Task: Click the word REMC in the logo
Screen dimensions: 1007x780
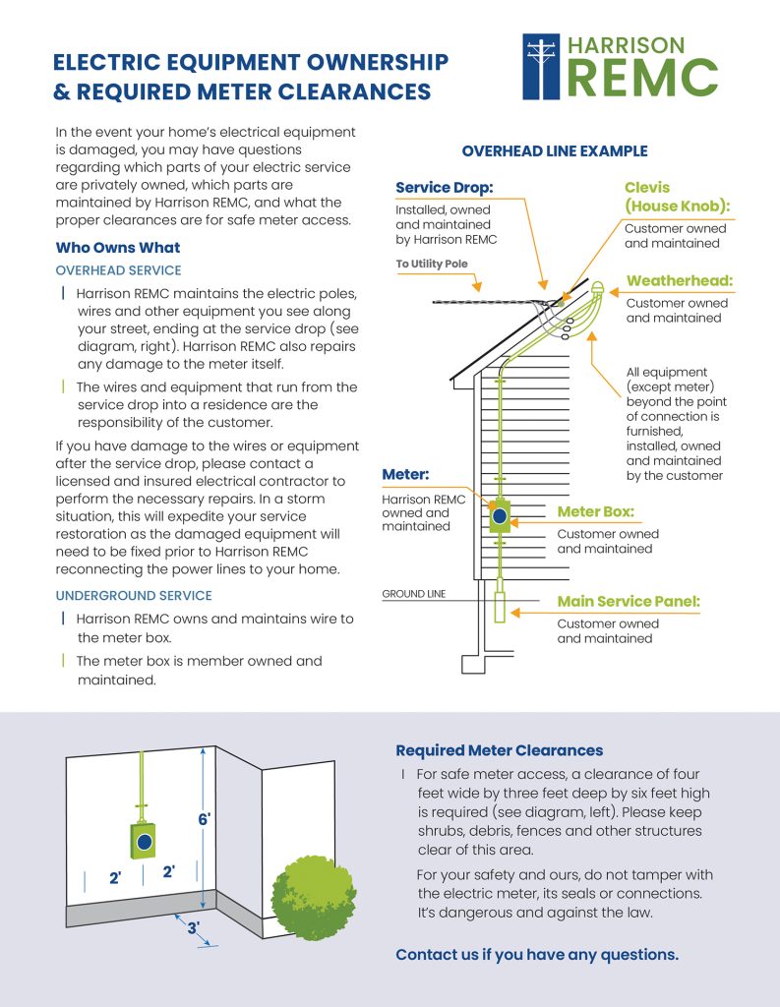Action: point(643,78)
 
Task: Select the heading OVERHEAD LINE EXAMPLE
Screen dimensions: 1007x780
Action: point(555,151)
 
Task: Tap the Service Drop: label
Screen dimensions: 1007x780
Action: point(444,188)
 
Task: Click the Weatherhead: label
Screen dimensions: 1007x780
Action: point(680,281)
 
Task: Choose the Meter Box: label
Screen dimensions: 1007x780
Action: point(595,511)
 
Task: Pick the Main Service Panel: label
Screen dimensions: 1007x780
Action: point(629,601)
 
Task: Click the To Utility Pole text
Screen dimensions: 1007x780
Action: point(432,265)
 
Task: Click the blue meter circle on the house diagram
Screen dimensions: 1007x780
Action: point(500,515)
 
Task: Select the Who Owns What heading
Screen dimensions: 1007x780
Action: point(118,247)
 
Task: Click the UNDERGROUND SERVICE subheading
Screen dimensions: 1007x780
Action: point(133,596)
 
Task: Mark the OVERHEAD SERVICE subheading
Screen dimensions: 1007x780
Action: point(118,269)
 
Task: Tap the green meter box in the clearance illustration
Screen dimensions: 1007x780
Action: point(145,838)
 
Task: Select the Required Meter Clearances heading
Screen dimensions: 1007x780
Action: point(499,750)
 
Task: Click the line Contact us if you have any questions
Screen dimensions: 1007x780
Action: point(537,955)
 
